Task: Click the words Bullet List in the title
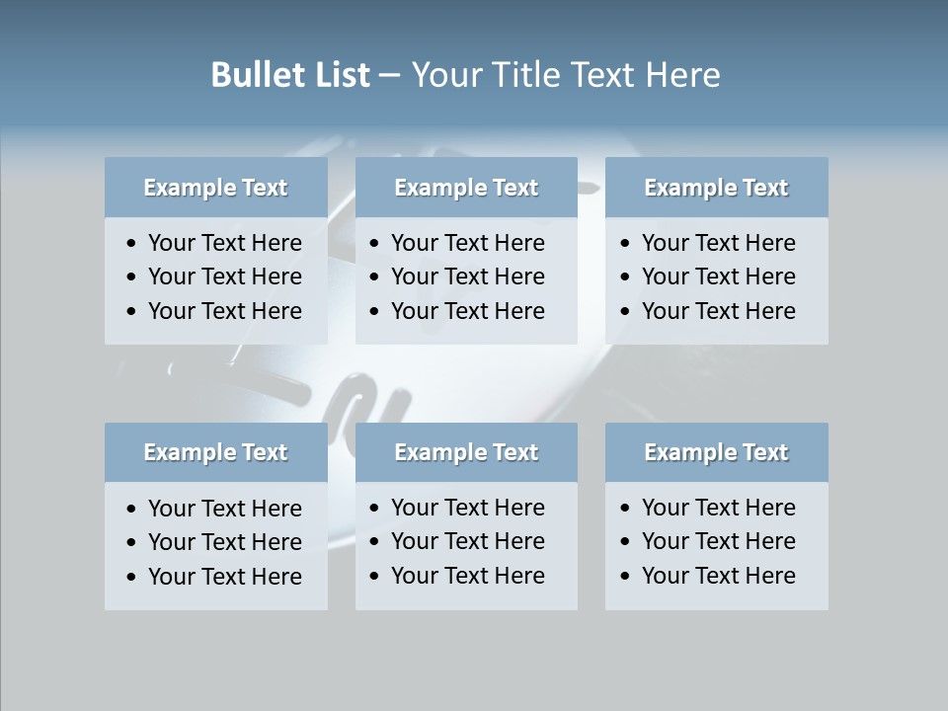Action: click(289, 75)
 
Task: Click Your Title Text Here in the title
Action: click(565, 75)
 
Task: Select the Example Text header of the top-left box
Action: click(215, 188)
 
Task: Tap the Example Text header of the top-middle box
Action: click(466, 188)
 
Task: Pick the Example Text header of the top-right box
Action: click(716, 188)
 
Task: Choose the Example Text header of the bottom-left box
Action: click(215, 452)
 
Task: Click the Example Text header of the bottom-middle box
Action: click(466, 452)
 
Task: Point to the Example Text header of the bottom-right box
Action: click(716, 452)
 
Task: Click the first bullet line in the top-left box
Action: click(224, 243)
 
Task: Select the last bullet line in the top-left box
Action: click(224, 311)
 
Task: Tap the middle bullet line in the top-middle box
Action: click(467, 276)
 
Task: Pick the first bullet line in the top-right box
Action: click(718, 243)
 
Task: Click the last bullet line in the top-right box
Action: click(718, 311)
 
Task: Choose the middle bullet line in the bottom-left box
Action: click(224, 542)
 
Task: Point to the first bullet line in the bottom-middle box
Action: click(467, 508)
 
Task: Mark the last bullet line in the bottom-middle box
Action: click(467, 576)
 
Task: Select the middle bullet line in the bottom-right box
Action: click(718, 541)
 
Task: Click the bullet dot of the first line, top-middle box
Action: click(375, 244)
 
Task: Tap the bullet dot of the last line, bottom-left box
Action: click(132, 578)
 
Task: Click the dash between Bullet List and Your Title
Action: click(390, 76)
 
